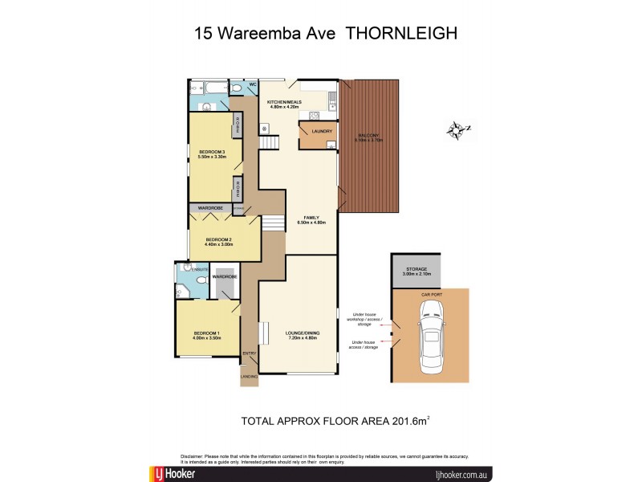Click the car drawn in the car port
click(430, 340)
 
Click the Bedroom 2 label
click(218, 239)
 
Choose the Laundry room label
click(311, 131)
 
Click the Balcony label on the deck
click(369, 137)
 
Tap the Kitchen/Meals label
click(283, 103)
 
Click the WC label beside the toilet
click(251, 84)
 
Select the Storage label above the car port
click(416, 269)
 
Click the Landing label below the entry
click(250, 375)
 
